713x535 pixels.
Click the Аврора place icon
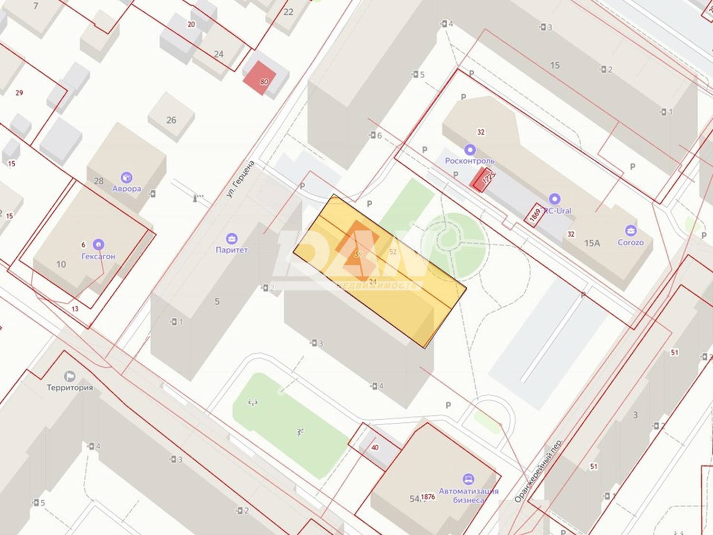tap(126, 178)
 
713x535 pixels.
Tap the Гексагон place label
tap(98, 256)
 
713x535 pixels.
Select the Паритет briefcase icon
tap(231, 239)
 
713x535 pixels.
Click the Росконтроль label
tap(469, 161)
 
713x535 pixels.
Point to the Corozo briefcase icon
tap(630, 231)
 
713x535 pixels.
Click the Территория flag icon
tap(70, 376)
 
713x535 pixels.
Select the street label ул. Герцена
tap(241, 179)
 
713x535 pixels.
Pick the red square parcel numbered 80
tap(260, 78)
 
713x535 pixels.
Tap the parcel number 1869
tap(535, 215)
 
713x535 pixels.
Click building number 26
tap(171, 120)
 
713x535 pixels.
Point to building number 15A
tap(592, 243)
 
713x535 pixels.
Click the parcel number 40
tap(375, 447)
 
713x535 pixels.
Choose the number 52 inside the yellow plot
tap(393, 252)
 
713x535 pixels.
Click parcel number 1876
tap(428, 496)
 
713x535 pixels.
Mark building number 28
tap(99, 181)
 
